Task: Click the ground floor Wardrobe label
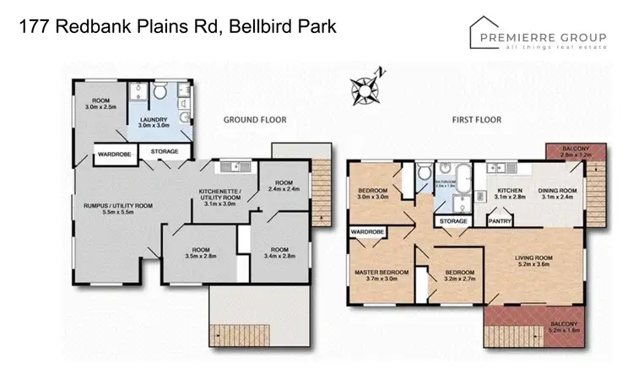112,153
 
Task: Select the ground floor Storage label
164,152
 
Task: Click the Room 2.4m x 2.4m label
281,187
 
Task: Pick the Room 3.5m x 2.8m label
201,254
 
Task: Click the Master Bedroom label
381,276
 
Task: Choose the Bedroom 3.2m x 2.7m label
452,276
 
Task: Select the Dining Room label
558,194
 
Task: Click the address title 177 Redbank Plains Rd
177,27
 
